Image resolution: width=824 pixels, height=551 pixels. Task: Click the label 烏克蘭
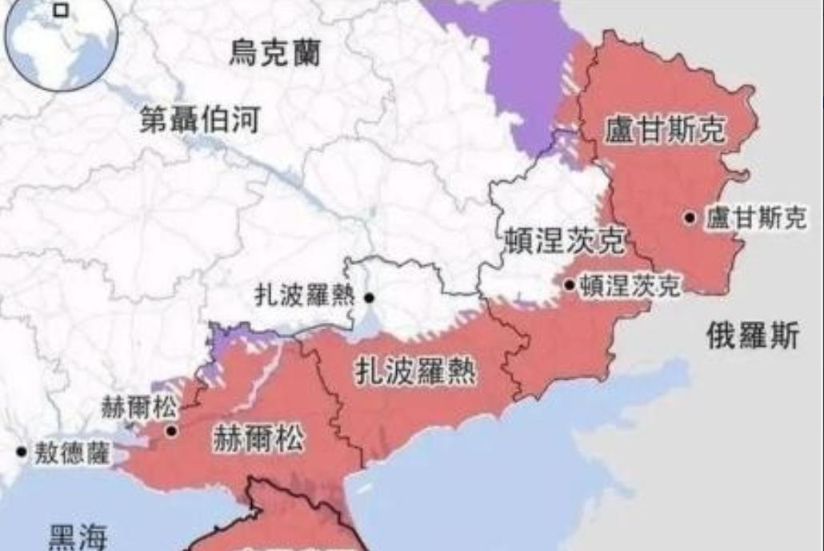(x=275, y=54)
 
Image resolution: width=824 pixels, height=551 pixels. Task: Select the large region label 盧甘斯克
(x=665, y=129)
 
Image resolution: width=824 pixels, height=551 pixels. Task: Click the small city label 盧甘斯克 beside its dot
(x=756, y=219)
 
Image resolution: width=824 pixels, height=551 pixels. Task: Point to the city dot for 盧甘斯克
(x=690, y=217)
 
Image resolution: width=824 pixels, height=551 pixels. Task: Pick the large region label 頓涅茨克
(x=565, y=239)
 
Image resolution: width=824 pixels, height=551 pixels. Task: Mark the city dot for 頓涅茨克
(x=569, y=284)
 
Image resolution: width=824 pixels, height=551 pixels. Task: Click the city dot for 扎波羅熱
(x=369, y=298)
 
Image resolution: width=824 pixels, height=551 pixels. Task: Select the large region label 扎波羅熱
(x=415, y=372)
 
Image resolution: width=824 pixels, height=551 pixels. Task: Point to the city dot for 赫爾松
(x=170, y=431)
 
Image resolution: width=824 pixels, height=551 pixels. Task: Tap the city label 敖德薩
(x=73, y=453)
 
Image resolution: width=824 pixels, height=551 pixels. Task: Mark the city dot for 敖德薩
(x=22, y=452)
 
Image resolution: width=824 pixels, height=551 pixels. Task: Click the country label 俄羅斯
(x=752, y=336)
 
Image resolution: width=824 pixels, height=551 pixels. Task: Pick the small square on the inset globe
(x=61, y=10)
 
